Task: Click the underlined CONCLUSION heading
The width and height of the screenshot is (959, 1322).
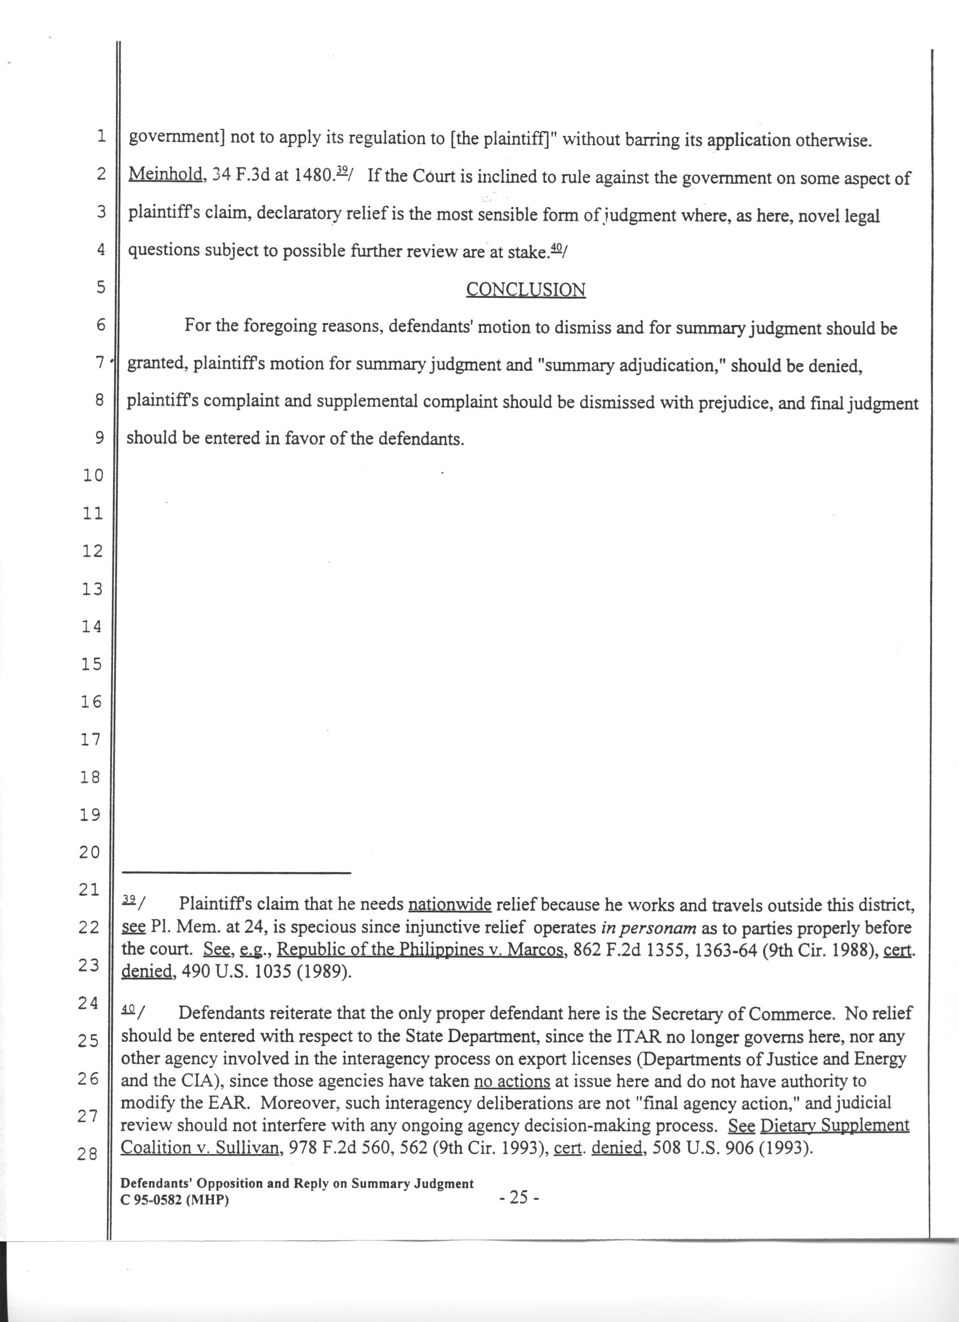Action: pyautogui.click(x=525, y=290)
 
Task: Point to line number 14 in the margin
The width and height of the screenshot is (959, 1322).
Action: pyautogui.click(x=92, y=627)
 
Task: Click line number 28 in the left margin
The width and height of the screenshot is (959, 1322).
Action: pyautogui.click(x=89, y=1154)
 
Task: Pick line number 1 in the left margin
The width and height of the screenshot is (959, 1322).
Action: pyautogui.click(x=100, y=136)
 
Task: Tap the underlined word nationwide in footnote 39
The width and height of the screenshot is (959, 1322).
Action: pyautogui.click(x=450, y=905)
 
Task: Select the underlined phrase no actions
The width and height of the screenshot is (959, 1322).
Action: pyautogui.click(x=512, y=1081)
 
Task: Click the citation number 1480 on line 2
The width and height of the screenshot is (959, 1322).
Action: pyautogui.click(x=312, y=175)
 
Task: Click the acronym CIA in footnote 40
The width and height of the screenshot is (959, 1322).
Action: pyautogui.click(x=201, y=1081)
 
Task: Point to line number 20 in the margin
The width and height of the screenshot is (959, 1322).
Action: pyautogui.click(x=90, y=853)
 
